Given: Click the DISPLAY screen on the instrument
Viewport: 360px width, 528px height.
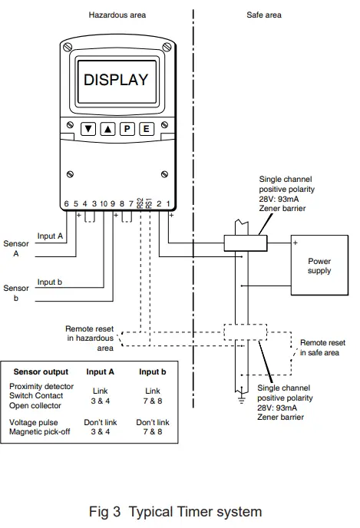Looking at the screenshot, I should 115,79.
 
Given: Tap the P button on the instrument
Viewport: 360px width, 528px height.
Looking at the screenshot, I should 127,129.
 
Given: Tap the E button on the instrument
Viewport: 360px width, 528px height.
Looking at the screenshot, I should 146,129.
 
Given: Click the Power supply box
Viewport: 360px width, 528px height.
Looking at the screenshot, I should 319,266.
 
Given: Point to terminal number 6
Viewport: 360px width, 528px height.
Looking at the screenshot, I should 66,203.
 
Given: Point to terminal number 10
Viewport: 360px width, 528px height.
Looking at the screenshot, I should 104,203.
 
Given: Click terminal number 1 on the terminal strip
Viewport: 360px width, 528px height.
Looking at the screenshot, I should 168,203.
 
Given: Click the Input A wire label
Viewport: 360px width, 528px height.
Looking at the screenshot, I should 50,236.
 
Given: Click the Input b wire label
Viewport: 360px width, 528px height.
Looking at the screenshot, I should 50,282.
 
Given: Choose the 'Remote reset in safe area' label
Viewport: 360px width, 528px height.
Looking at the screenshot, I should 322,347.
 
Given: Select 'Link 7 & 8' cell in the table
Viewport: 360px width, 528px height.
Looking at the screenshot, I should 153,395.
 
